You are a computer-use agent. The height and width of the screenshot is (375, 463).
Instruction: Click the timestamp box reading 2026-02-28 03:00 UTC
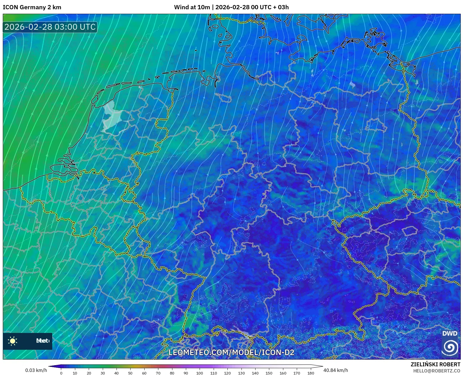pyautogui.click(x=50, y=27)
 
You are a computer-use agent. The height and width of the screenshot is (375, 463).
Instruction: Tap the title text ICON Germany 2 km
pyautogui.click(x=32, y=7)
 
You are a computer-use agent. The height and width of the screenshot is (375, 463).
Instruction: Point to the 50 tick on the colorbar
pyautogui.click(x=130, y=373)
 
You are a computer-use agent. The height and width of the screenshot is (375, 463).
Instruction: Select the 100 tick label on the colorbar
pyautogui.click(x=199, y=373)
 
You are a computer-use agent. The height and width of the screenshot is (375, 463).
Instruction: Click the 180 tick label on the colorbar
pyautogui.click(x=311, y=373)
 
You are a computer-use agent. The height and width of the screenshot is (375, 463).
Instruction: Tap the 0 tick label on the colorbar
pyautogui.click(x=61, y=373)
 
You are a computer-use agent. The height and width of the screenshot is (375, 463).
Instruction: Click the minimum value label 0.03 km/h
pyautogui.click(x=36, y=370)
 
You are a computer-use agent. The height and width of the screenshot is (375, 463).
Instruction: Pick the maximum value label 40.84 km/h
pyautogui.click(x=336, y=370)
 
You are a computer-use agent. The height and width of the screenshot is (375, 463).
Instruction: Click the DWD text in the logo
pyautogui.click(x=450, y=333)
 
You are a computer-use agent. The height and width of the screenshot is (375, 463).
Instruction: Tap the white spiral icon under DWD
pyautogui.click(x=450, y=347)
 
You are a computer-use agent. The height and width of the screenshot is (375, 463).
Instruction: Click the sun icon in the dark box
pyautogui.click(x=13, y=341)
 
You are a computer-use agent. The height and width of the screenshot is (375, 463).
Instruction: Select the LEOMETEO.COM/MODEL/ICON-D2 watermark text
pyautogui.click(x=231, y=352)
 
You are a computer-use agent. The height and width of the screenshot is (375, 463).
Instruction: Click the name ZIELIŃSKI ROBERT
pyautogui.click(x=435, y=365)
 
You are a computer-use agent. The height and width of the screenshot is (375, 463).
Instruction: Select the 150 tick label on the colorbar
pyautogui.click(x=269, y=373)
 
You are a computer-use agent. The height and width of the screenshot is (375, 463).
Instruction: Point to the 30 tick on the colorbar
pyautogui.click(x=103, y=373)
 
